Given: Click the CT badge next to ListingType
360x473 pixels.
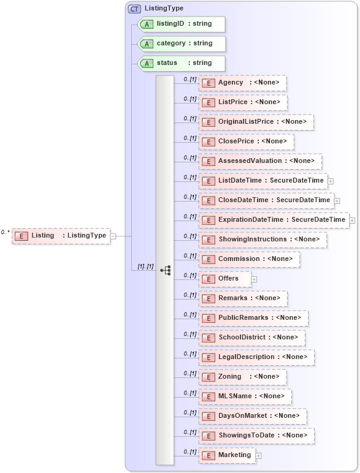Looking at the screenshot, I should coord(134,9).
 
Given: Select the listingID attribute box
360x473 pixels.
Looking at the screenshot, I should coord(182,24).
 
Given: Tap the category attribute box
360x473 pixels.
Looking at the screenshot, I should coord(182,44).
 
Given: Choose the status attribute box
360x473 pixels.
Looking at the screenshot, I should coord(182,63).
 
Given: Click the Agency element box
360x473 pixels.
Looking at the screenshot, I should coord(242,83).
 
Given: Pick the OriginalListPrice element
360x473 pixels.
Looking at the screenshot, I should coord(256,122).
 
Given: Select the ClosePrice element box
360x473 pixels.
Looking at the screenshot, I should coord(246,142).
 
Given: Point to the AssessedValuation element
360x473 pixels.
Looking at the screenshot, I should coord(260,161).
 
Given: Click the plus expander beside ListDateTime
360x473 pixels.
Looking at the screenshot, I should coord(331,181).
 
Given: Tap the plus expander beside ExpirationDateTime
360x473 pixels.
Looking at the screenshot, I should coord(352,220).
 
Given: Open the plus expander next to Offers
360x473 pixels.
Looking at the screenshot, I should coord(254,279).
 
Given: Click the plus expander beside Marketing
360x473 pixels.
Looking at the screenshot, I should coord(258,455).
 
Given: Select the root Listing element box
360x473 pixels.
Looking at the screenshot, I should coord(61,236).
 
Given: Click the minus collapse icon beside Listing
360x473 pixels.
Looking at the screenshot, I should coord(113,236).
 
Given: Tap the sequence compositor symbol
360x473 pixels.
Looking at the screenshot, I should coord(165,270).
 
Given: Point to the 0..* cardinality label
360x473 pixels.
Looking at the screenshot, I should coord(6,232).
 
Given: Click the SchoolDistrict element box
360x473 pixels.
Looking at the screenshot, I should coord(251,338).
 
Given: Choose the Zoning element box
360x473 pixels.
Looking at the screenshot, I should coord(242,377).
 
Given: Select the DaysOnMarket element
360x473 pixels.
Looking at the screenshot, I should coord(253,416).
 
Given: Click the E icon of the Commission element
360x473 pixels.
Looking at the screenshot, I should coord(209,259).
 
